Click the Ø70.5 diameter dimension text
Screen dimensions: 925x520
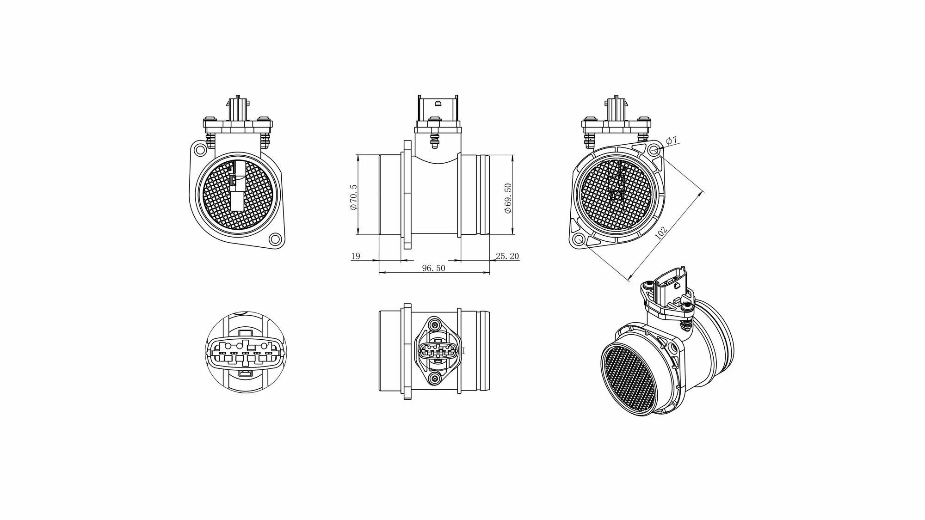click(x=354, y=197)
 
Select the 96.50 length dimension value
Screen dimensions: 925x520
click(x=434, y=268)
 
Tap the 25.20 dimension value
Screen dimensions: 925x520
click(x=507, y=256)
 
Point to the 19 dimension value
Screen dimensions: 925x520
click(x=356, y=256)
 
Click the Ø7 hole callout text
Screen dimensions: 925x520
click(x=672, y=140)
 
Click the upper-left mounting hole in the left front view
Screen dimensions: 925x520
click(x=200, y=150)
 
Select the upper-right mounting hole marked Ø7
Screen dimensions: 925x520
click(x=654, y=150)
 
